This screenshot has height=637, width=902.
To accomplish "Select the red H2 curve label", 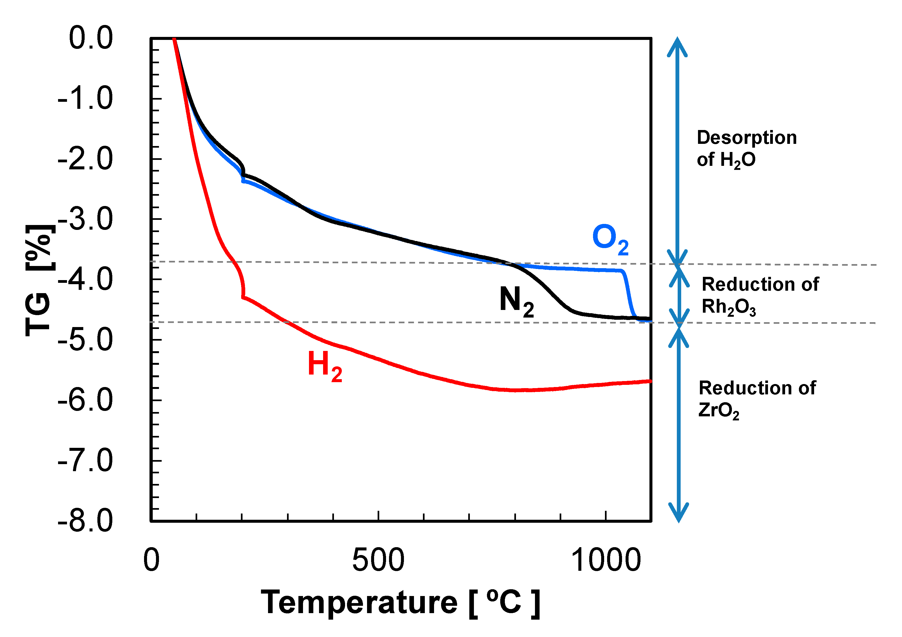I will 324,366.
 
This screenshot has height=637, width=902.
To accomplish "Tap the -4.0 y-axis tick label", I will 86,280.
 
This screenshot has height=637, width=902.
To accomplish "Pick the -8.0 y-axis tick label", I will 86,521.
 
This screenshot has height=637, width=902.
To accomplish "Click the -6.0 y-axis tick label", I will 86,400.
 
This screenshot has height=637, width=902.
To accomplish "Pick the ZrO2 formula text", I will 719,411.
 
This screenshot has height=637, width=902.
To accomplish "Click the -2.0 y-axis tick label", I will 86,159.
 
